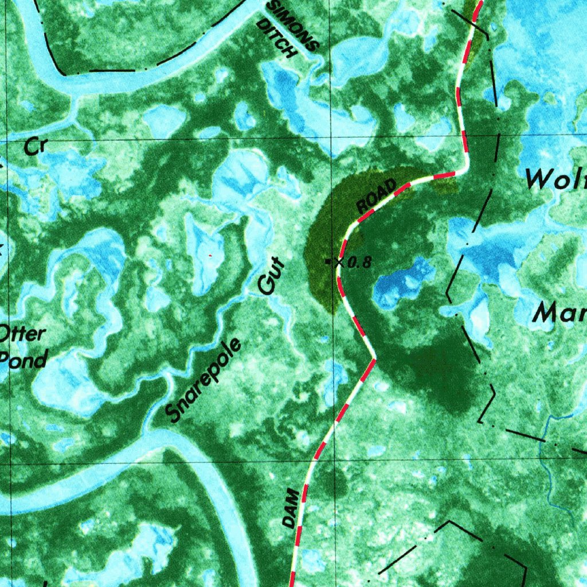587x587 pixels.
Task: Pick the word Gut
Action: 271,277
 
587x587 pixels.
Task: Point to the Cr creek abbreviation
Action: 34,147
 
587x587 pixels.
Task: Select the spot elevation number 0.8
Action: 360,263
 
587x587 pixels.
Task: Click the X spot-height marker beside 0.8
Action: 339,262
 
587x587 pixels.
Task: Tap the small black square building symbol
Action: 327,262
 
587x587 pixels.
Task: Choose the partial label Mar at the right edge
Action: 559,313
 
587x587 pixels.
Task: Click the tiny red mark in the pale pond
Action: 211,255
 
